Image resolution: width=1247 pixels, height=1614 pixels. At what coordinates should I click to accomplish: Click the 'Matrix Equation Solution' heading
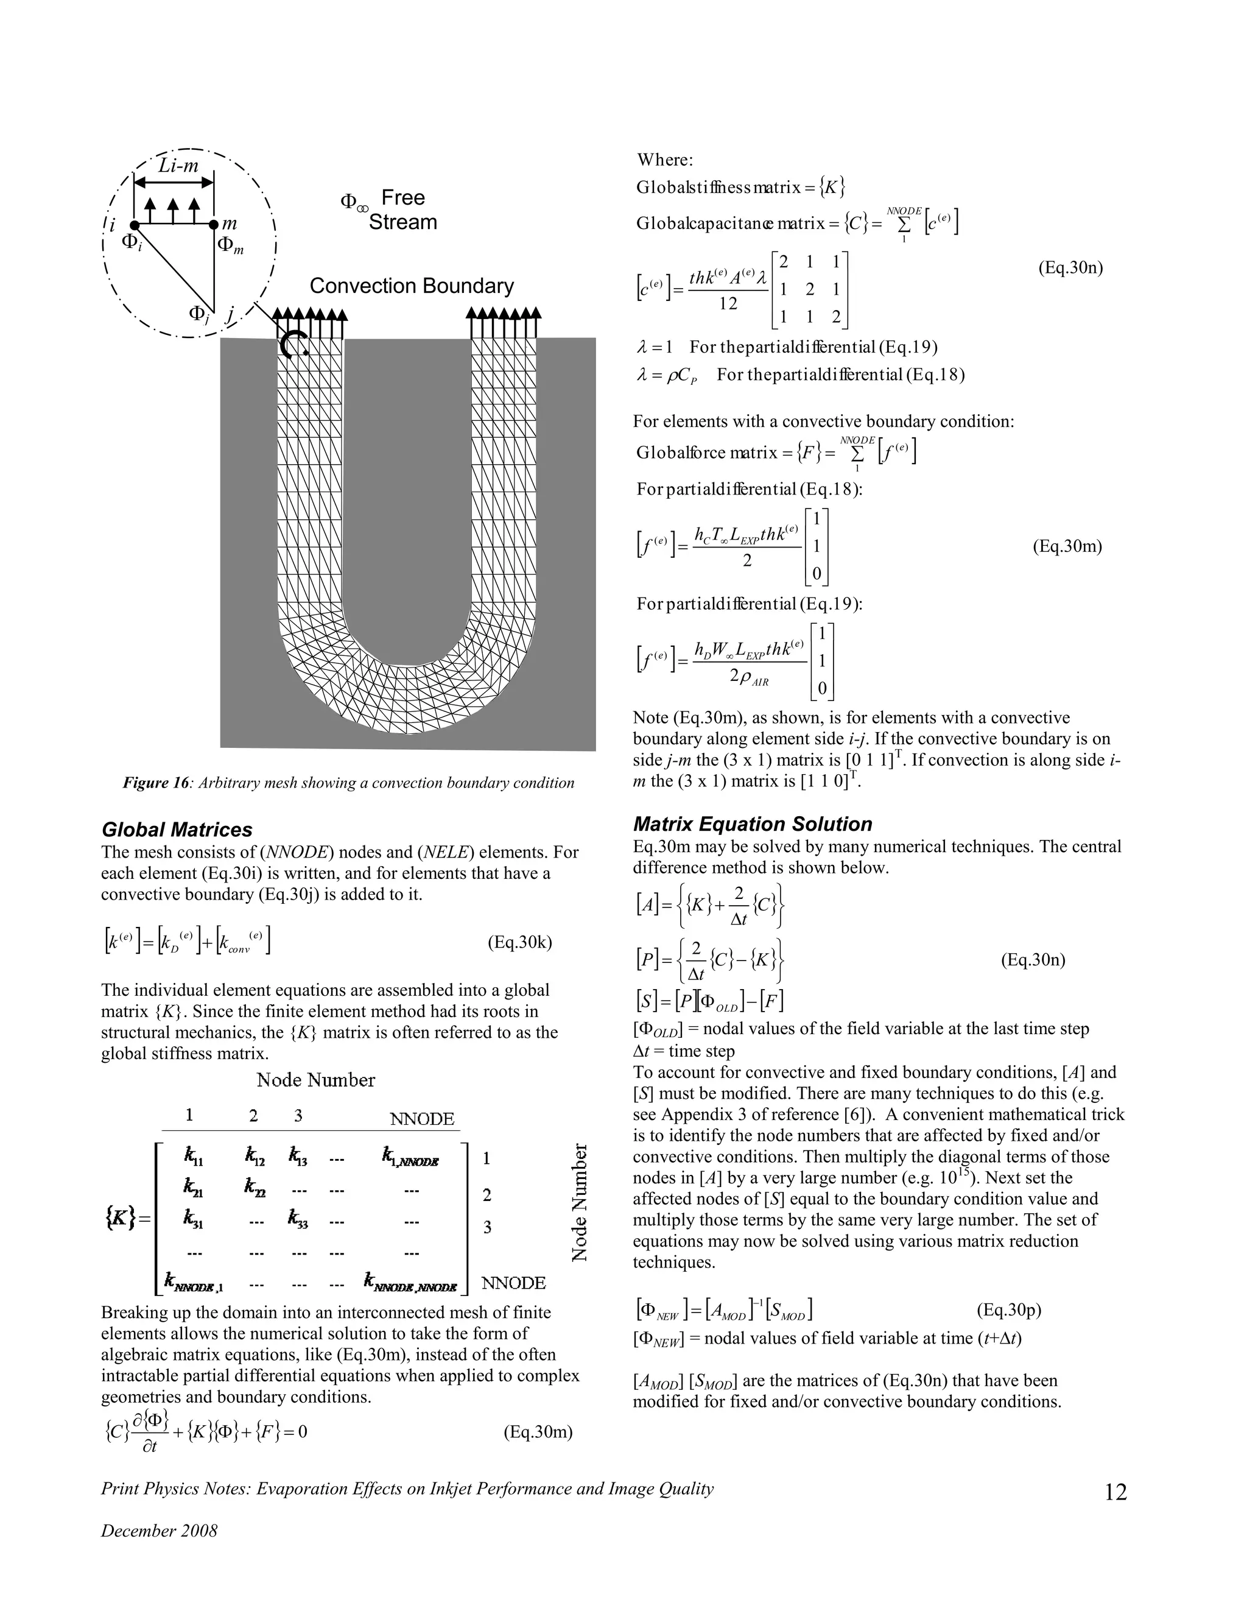click(x=752, y=824)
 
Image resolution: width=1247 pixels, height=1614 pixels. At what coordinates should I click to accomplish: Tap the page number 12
click(x=1115, y=1492)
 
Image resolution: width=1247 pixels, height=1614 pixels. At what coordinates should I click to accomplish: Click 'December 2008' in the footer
click(x=159, y=1531)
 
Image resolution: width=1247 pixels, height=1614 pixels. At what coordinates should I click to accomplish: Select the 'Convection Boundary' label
click(x=411, y=286)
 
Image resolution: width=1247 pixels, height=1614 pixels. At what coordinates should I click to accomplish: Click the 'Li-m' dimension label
click(x=178, y=166)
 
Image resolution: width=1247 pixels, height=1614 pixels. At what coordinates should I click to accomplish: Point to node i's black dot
click(x=134, y=224)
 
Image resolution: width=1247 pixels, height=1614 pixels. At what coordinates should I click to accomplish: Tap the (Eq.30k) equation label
click(x=519, y=942)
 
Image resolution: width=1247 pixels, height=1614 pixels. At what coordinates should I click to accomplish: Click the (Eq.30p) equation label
click(x=1008, y=1310)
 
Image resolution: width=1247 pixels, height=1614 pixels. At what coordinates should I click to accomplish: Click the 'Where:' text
click(x=665, y=160)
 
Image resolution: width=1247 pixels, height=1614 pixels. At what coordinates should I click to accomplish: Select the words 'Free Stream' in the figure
click(x=402, y=210)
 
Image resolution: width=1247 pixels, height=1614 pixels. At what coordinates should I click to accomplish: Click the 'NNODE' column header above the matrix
click(x=422, y=1119)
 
